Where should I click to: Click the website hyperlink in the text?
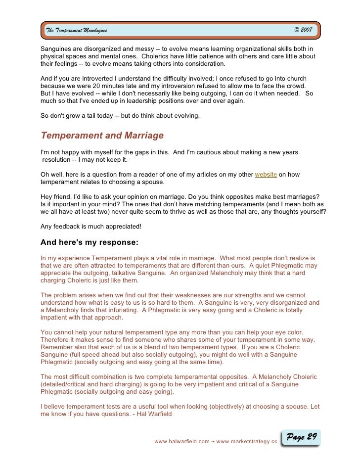[x=266, y=175]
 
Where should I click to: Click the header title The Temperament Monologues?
[x=76, y=31]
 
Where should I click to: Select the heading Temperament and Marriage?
[x=102, y=136]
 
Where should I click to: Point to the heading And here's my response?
[x=89, y=242]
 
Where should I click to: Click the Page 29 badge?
[x=301, y=437]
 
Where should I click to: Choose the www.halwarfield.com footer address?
[x=181, y=441]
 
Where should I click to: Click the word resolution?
[x=57, y=160]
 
